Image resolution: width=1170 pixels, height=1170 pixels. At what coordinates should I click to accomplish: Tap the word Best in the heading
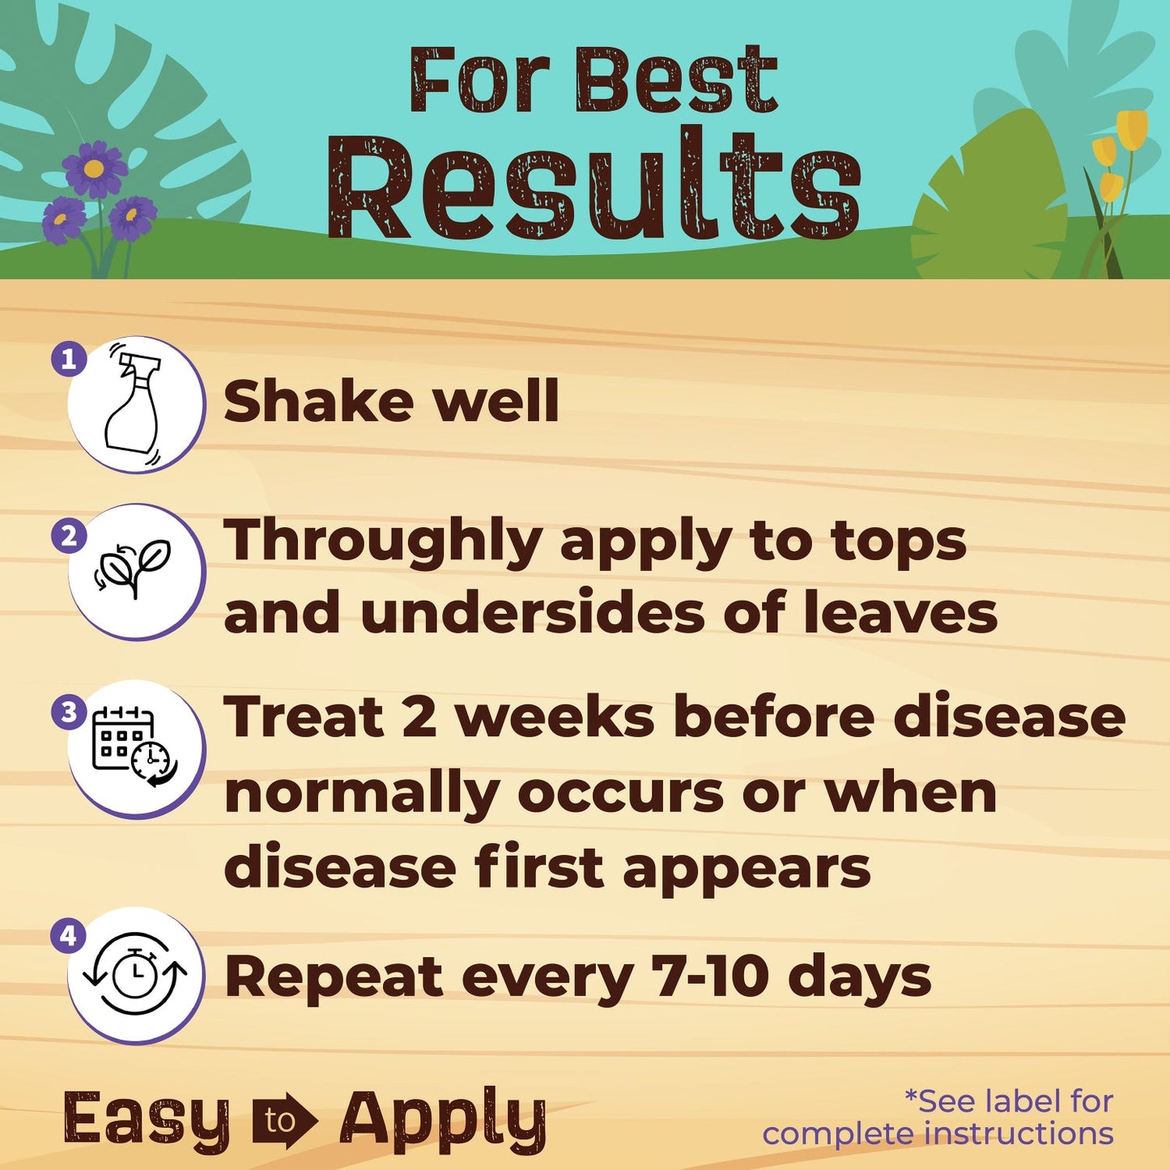[677, 81]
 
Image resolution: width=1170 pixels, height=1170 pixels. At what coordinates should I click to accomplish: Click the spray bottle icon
[134, 405]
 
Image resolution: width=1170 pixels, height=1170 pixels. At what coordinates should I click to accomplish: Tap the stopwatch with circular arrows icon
[134, 974]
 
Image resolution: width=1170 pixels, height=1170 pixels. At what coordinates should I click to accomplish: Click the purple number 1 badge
[69, 359]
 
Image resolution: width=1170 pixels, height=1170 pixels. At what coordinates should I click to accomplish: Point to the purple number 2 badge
[69, 537]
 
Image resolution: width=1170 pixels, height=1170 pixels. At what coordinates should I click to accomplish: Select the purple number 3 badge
[69, 713]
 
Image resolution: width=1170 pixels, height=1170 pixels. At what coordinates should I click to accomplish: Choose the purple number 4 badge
[68, 936]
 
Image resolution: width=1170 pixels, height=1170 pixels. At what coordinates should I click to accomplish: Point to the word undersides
[533, 613]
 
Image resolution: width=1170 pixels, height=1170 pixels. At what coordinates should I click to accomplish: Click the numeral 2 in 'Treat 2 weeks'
[419, 717]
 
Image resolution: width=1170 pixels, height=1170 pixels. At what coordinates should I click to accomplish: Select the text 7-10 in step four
[710, 976]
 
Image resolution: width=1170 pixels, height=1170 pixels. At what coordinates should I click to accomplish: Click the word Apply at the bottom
[443, 1121]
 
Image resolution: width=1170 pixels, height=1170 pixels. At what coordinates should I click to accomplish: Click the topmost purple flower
[95, 169]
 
